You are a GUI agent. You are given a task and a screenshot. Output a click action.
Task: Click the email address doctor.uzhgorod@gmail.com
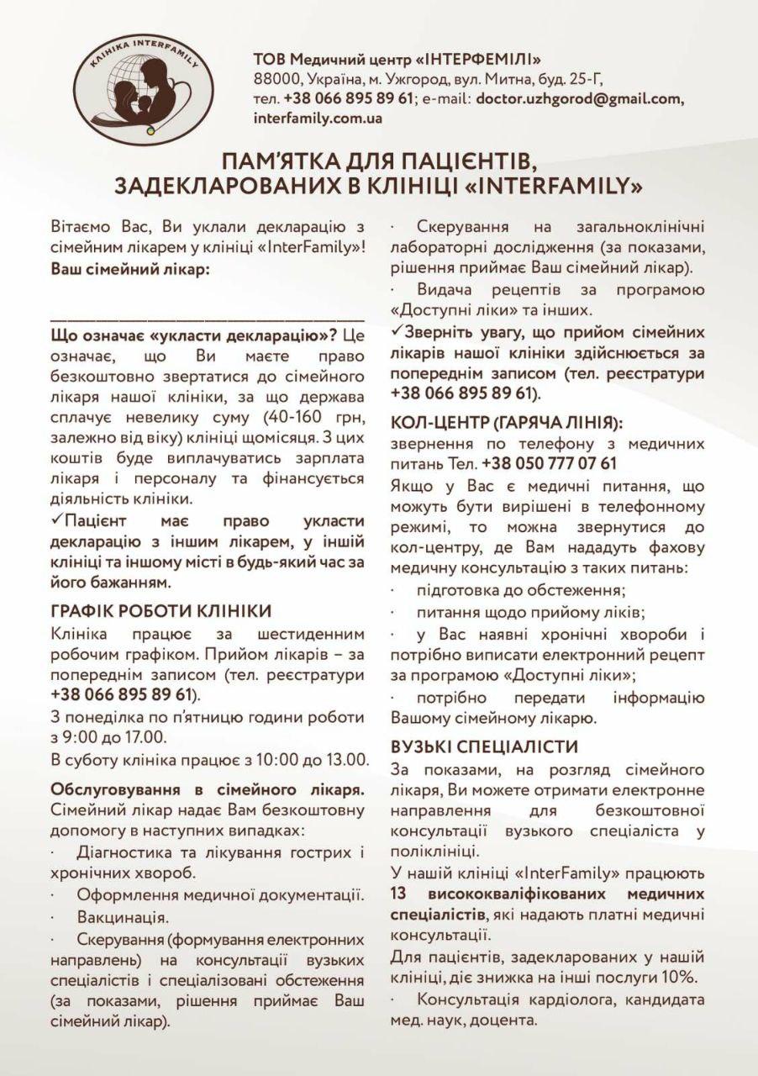click(580, 98)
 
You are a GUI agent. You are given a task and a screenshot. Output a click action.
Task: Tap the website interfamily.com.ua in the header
click(318, 118)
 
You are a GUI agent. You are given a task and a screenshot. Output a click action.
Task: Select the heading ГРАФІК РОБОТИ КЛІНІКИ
click(161, 611)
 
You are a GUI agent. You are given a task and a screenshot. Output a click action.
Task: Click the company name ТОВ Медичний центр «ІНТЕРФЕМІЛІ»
click(397, 59)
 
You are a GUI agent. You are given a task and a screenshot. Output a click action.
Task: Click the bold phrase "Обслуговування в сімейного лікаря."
click(208, 789)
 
